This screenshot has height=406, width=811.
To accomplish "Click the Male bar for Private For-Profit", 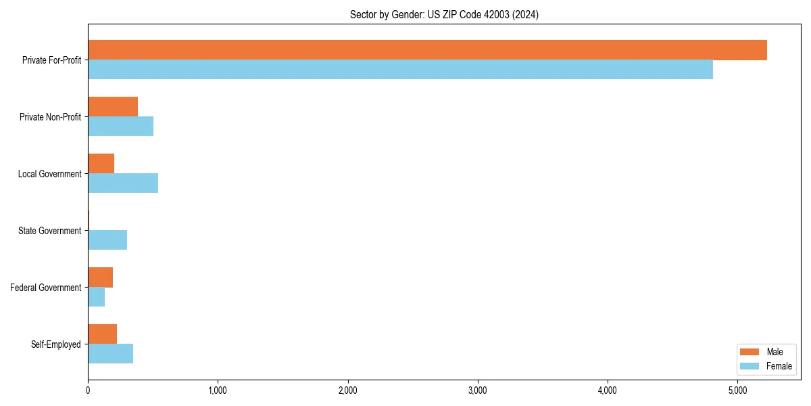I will pyautogui.click(x=427, y=50).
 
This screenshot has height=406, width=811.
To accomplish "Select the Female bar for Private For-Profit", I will pyautogui.click(x=400, y=70).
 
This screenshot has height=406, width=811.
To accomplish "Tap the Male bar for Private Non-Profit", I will pyautogui.click(x=113, y=107).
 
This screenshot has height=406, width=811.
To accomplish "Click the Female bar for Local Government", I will pyautogui.click(x=123, y=183).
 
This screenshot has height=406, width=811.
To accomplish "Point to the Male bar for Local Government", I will pyautogui.click(x=101, y=164).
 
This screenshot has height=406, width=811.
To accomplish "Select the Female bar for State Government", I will pyautogui.click(x=107, y=240).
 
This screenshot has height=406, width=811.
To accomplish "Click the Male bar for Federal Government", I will pyautogui.click(x=100, y=277).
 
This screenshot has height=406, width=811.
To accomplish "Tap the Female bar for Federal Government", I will pyautogui.click(x=96, y=297).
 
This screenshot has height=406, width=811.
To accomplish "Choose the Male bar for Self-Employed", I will pyautogui.click(x=102, y=334).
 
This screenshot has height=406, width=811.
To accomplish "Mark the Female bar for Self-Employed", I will pyautogui.click(x=110, y=354).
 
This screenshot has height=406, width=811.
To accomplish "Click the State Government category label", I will pyautogui.click(x=49, y=231).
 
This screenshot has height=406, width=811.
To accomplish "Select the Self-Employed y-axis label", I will pyautogui.click(x=56, y=344).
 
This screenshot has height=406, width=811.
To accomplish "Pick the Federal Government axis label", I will pyautogui.click(x=46, y=288).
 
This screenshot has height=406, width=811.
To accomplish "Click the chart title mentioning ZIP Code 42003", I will pyautogui.click(x=444, y=14).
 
